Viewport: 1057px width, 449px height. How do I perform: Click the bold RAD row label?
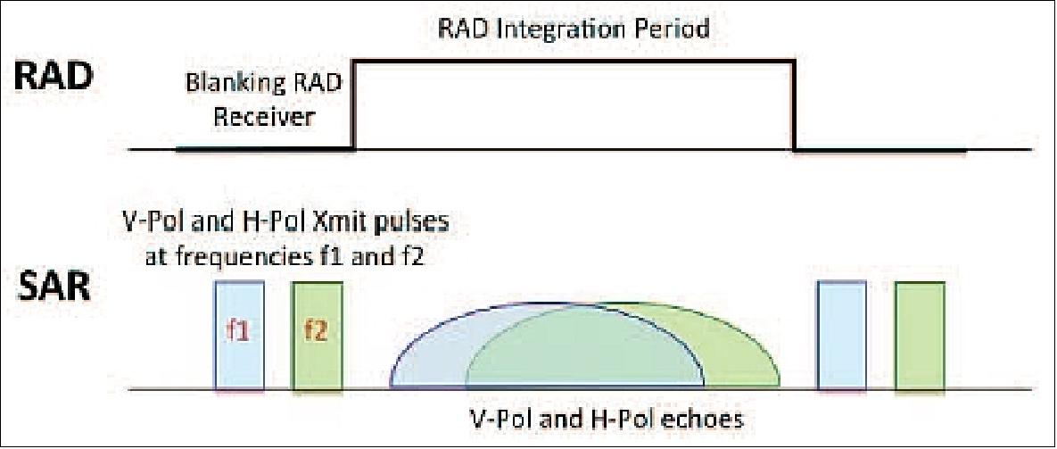tap(53, 79)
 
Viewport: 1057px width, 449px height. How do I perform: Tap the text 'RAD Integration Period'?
tap(574, 29)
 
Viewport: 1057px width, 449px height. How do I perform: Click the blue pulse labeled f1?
tap(238, 336)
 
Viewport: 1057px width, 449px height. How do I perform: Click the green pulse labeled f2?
tap(317, 336)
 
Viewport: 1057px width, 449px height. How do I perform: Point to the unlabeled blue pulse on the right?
tap(841, 336)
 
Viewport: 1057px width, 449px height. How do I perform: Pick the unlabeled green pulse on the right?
tap(920, 336)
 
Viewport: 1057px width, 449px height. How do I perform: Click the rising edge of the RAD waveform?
tap(355, 104)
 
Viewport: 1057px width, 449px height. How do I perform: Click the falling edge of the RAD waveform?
tap(794, 104)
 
